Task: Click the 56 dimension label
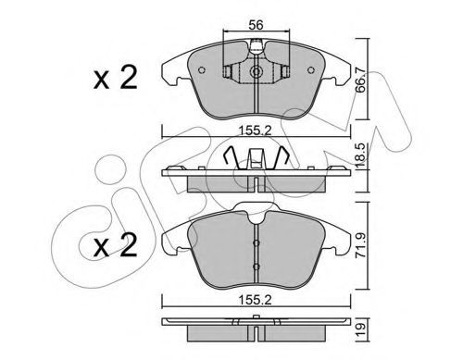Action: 256,25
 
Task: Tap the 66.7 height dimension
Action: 360,81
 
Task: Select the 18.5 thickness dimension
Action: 361,155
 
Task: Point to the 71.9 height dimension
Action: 361,245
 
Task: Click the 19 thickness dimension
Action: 361,329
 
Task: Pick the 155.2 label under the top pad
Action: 256,131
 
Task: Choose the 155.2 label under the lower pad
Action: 256,300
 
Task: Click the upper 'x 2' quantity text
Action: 115,79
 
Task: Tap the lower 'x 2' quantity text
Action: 115,245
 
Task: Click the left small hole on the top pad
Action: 202,70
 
